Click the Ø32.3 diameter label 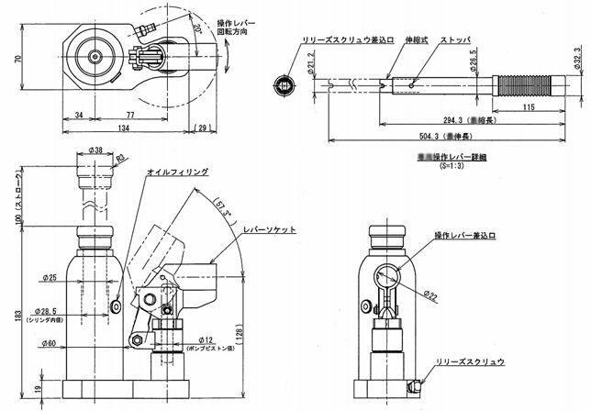pyautogui.click(x=577, y=59)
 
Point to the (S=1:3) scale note pyautogui.click(x=452, y=167)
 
